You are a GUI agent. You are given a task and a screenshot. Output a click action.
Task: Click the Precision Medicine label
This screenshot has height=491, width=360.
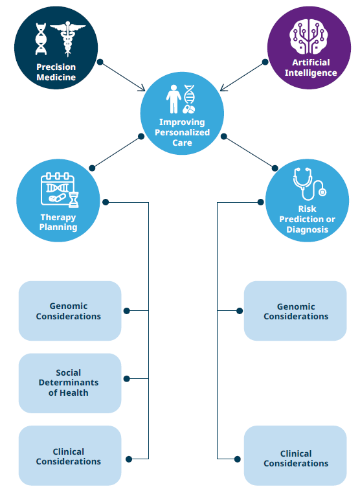(x=56, y=72)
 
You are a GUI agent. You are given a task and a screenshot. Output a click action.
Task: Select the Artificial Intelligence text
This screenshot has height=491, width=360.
(x=311, y=67)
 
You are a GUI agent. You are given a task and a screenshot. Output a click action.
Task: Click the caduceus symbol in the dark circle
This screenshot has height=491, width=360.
(x=67, y=38)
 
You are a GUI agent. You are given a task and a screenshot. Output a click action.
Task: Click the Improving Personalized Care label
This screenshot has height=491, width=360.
(x=182, y=132)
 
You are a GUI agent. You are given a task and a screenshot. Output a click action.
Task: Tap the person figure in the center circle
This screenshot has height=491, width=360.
(x=174, y=98)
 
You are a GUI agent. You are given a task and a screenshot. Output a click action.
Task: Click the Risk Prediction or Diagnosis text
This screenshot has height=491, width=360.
(x=308, y=219)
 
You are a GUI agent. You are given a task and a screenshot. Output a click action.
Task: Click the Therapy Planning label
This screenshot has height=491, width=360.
(x=58, y=222)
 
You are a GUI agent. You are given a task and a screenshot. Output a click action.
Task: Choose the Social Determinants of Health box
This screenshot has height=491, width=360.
(x=69, y=383)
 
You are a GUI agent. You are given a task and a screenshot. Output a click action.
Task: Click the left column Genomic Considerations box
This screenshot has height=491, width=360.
(x=69, y=311)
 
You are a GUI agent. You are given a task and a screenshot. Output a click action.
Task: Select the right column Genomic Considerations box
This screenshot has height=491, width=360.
(x=295, y=311)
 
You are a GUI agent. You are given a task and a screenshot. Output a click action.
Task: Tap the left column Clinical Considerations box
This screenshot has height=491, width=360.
(x=69, y=456)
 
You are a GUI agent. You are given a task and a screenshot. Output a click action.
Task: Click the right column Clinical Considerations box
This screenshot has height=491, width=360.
(x=295, y=459)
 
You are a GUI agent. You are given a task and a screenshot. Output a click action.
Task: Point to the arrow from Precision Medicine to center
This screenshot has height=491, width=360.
(x=124, y=76)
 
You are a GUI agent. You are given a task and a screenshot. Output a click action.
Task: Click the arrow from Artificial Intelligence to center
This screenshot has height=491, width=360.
(x=242, y=76)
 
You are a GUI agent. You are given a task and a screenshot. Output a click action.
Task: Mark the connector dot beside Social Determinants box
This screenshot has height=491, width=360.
(x=127, y=378)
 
